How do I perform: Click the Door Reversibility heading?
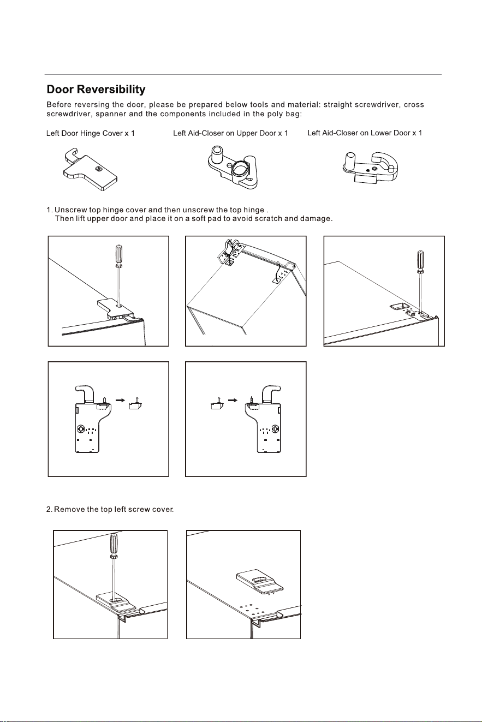[96, 89]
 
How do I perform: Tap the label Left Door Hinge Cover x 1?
[91, 133]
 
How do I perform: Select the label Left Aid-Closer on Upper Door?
[225, 133]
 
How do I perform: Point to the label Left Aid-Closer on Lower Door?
[359, 133]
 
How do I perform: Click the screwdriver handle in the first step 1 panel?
[118, 255]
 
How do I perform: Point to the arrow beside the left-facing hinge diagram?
[120, 401]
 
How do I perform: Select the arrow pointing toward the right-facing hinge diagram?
[233, 401]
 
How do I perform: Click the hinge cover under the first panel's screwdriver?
[115, 308]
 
